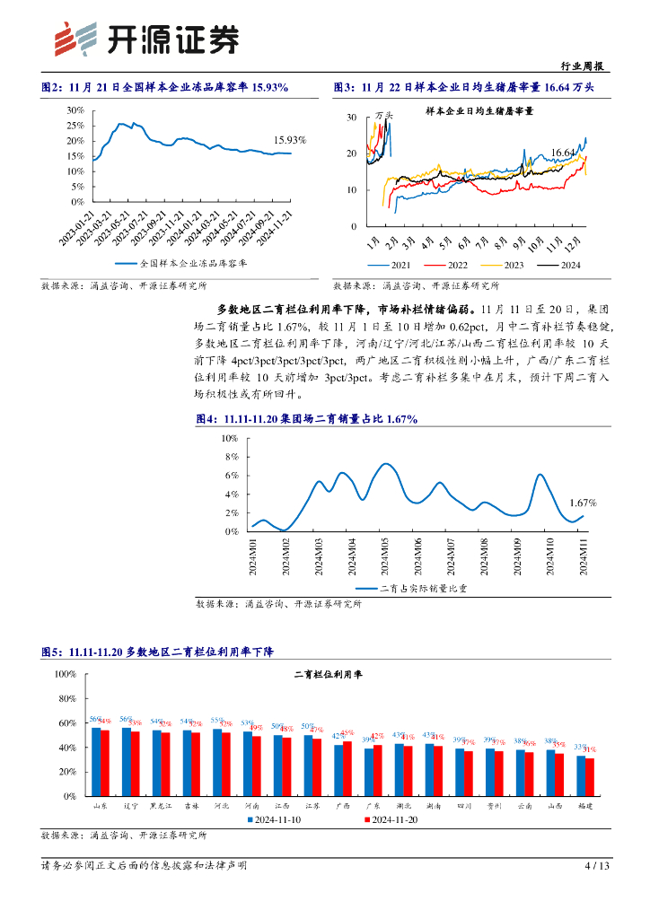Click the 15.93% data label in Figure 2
tap(290, 140)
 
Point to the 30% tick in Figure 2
tap(75, 109)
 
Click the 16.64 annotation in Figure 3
tap(564, 153)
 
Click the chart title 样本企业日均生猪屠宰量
tap(479, 111)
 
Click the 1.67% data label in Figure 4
tap(583, 503)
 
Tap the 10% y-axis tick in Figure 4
tap(229, 438)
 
